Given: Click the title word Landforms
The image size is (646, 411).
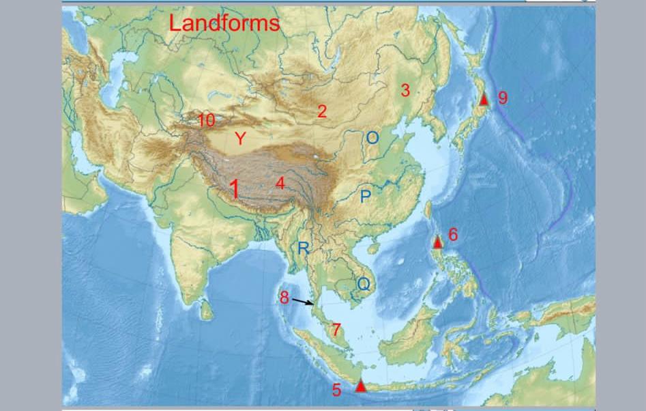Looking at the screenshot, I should pyautogui.click(x=224, y=23).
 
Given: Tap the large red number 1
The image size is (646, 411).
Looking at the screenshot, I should pyautogui.click(x=235, y=189).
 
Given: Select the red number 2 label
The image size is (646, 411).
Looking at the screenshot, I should pyautogui.click(x=322, y=111).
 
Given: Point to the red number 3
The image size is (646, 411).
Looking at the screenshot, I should pyautogui.click(x=405, y=89).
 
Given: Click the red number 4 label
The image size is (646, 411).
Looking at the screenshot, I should pyautogui.click(x=280, y=183).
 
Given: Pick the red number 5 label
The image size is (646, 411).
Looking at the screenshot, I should pyautogui.click(x=336, y=390).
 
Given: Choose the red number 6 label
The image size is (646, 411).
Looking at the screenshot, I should pyautogui.click(x=453, y=235).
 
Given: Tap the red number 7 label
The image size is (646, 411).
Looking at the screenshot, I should pyautogui.click(x=336, y=329).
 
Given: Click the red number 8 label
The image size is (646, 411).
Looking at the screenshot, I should pyautogui.click(x=284, y=298).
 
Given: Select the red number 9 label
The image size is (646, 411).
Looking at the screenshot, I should pyautogui.click(x=503, y=98).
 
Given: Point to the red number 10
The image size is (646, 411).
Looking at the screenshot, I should pyautogui.click(x=206, y=121).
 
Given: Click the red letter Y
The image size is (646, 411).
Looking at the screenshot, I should pyautogui.click(x=240, y=139).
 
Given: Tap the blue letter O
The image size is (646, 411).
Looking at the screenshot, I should pyautogui.click(x=372, y=138).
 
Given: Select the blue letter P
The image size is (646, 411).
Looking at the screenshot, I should pyautogui.click(x=366, y=197).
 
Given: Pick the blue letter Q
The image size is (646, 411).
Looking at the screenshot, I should pyautogui.click(x=364, y=283).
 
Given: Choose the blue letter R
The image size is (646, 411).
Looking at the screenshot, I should pyautogui.click(x=303, y=249).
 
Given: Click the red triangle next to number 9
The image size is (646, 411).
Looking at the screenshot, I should pyautogui.click(x=484, y=99).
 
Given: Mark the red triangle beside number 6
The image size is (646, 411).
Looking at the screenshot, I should pyautogui.click(x=438, y=242).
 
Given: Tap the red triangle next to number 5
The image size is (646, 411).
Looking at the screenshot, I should pyautogui.click(x=360, y=386).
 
